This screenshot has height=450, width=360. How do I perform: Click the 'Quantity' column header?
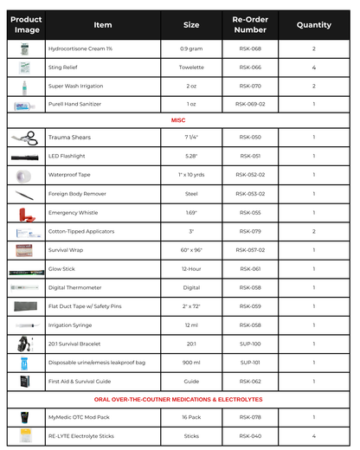[313, 25]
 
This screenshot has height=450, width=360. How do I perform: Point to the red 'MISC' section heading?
[179, 119]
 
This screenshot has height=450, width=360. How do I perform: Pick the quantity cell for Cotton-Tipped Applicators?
[313, 231]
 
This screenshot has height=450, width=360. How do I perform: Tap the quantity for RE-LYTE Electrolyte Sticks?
[313, 436]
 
